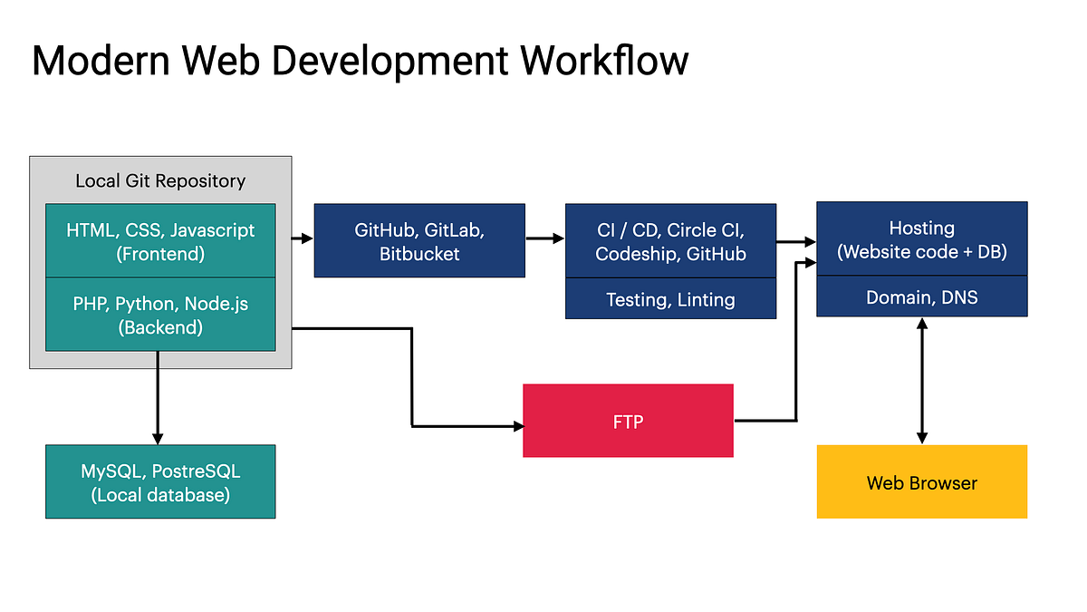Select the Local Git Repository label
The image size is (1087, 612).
click(x=160, y=180)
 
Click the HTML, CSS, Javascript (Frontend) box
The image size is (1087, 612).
click(x=160, y=241)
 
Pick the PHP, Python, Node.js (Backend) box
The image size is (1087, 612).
click(x=160, y=314)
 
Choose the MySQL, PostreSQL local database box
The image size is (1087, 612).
click(x=160, y=481)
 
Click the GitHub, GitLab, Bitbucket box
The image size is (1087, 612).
click(x=419, y=240)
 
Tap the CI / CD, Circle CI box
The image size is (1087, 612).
click(x=670, y=240)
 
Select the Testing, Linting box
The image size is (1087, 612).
click(x=670, y=298)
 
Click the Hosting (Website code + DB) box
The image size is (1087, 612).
click(x=921, y=239)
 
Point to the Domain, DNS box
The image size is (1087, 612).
click(x=921, y=296)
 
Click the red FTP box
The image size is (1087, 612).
click(x=628, y=421)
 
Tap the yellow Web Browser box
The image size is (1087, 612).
click(x=921, y=481)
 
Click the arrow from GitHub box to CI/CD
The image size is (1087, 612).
click(x=544, y=239)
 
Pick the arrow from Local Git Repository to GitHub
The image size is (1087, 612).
click(x=303, y=239)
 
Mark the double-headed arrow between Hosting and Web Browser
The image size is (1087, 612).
click(x=921, y=380)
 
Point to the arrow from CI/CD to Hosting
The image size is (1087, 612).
click(x=795, y=242)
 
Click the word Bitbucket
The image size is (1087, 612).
click(x=419, y=254)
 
